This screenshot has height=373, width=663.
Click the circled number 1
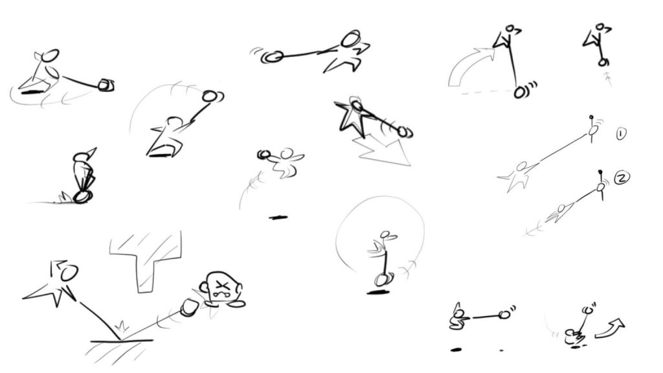tap(621, 134)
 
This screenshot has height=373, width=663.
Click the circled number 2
tap(622, 177)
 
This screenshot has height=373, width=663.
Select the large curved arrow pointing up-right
tap(467, 65)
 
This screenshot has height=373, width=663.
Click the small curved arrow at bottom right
tap(610, 328)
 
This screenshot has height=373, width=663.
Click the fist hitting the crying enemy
tap(189, 307)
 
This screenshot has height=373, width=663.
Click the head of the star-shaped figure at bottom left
tap(69, 273)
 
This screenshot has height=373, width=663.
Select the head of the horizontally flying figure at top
tap(351, 40)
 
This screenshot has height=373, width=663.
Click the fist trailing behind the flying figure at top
tap(273, 57)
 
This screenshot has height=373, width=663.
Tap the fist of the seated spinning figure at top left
tap(106, 85)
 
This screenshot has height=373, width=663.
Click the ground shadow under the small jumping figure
tap(278, 218)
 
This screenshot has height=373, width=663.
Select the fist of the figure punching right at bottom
tap(503, 315)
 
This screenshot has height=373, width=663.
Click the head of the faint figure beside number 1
tap(521, 166)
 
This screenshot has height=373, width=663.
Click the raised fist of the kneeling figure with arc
tap(209, 96)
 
